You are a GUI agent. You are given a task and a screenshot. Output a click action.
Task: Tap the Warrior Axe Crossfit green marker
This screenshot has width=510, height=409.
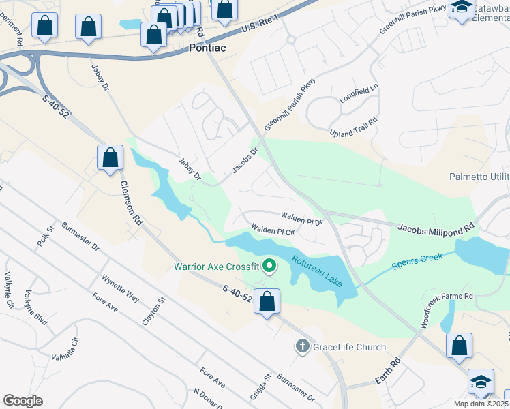[x=269, y=266]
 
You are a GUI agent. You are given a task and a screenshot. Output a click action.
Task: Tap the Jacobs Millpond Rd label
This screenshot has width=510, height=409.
[x=435, y=228]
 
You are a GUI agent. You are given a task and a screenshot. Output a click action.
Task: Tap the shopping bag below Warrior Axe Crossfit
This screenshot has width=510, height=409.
[x=267, y=301]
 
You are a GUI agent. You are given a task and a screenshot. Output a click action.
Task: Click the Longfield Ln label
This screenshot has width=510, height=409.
[x=359, y=97]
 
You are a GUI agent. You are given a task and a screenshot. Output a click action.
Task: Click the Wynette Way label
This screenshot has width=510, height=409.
[x=120, y=289]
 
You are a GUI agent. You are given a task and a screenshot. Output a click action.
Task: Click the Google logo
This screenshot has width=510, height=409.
[x=22, y=400]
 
